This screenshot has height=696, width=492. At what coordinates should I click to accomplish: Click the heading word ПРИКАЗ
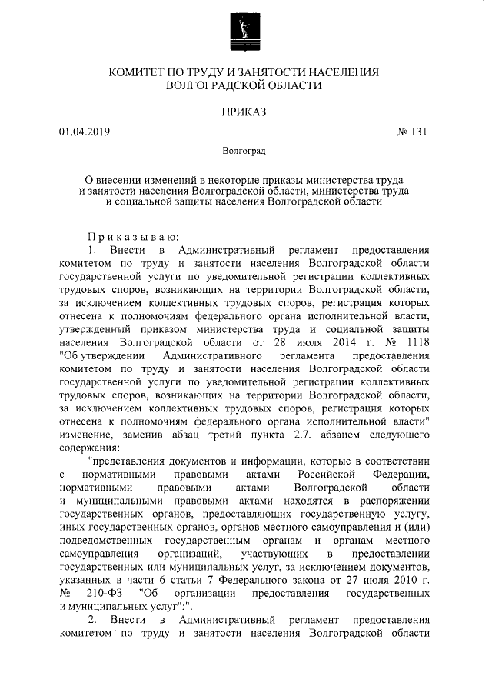pos(244,112)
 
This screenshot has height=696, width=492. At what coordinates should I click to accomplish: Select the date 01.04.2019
pos(85,132)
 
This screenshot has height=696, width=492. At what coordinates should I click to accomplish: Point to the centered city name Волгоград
pos(244,150)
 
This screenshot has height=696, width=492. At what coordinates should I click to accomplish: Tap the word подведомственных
pos(105,541)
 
